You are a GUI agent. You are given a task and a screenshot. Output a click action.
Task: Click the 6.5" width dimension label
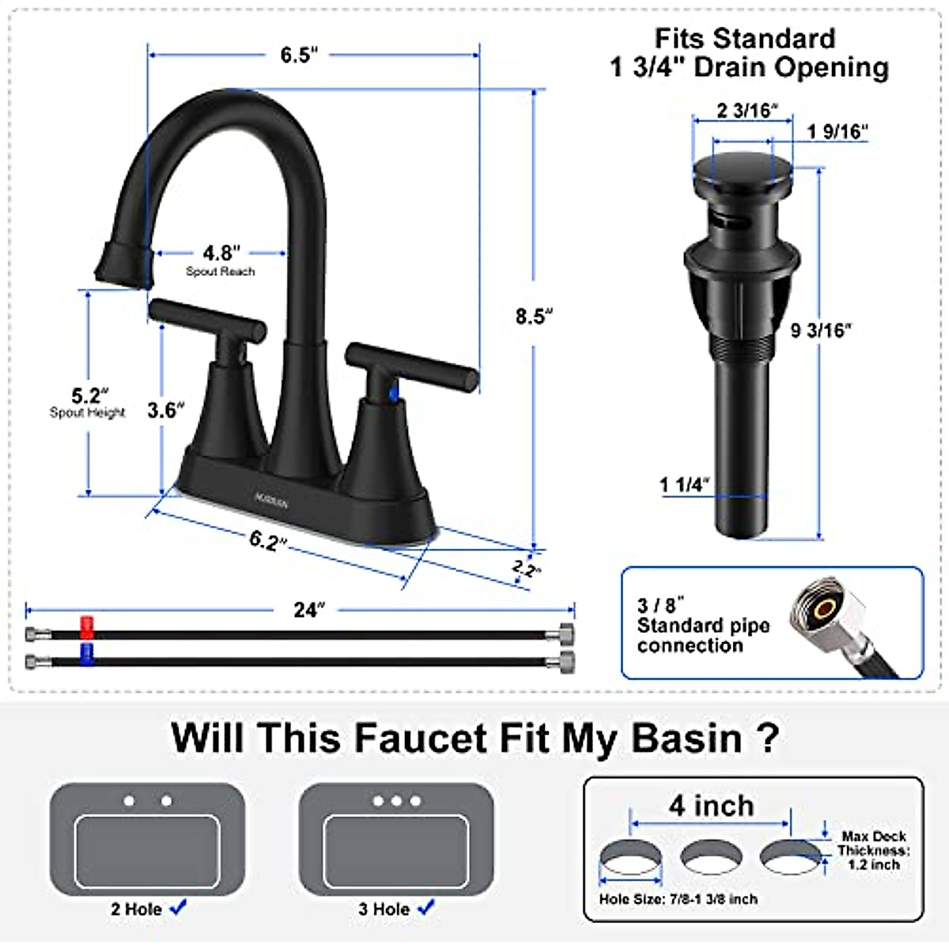pos(299,55)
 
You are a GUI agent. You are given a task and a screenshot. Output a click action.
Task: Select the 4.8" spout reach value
pos(221,253)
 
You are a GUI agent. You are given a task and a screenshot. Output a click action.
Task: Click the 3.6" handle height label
pos(166,410)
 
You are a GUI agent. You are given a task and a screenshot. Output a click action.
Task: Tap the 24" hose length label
pos(308,610)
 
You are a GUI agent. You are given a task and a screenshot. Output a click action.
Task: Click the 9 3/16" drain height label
pos(822,330)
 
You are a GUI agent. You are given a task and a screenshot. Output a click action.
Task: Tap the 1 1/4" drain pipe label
pos(685,485)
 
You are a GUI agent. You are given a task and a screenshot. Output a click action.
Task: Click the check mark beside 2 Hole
pos(179,907)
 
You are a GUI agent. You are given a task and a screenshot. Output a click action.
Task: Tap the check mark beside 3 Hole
pos(426,907)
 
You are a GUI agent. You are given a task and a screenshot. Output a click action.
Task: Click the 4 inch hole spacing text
pos(711,805)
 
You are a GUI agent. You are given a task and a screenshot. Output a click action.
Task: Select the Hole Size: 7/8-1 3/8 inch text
pos(678,899)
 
